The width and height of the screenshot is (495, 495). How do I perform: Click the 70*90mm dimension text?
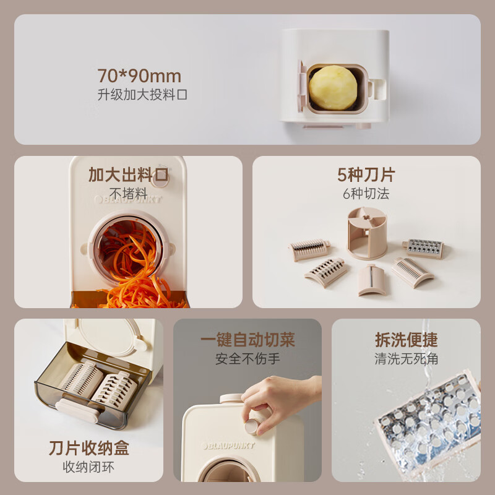point(139,76)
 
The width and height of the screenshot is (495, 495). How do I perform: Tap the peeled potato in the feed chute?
point(333,88)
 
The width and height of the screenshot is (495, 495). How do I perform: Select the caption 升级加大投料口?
point(142,95)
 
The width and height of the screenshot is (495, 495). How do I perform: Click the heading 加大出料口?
point(128,174)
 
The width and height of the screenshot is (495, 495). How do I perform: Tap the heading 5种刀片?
point(366,174)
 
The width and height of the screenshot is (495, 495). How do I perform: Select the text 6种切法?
point(366,193)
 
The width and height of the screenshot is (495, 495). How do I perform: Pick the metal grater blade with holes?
point(424,248)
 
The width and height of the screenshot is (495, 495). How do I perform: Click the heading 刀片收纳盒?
point(89,447)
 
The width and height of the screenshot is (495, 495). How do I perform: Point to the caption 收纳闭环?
point(89,466)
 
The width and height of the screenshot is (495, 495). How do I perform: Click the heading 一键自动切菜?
point(247,340)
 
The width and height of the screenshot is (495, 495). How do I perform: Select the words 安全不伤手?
point(247,358)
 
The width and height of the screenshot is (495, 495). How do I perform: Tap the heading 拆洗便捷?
point(406,340)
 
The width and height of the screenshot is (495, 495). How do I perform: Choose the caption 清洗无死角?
point(406,358)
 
